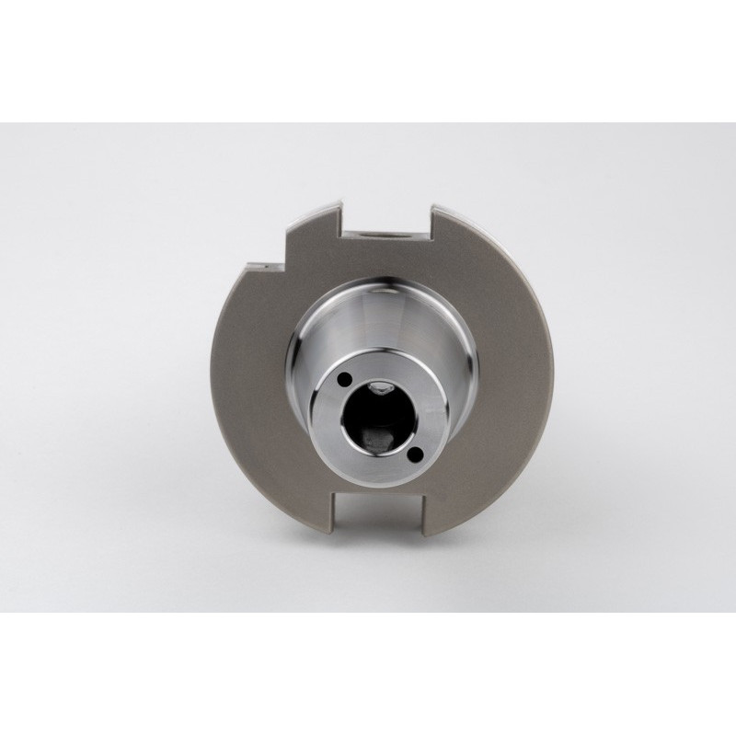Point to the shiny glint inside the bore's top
coord(378,390)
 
